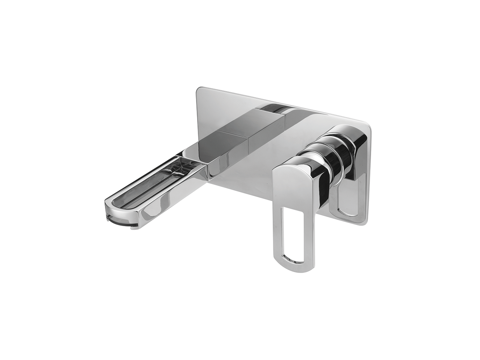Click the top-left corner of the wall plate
tap(199, 89)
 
